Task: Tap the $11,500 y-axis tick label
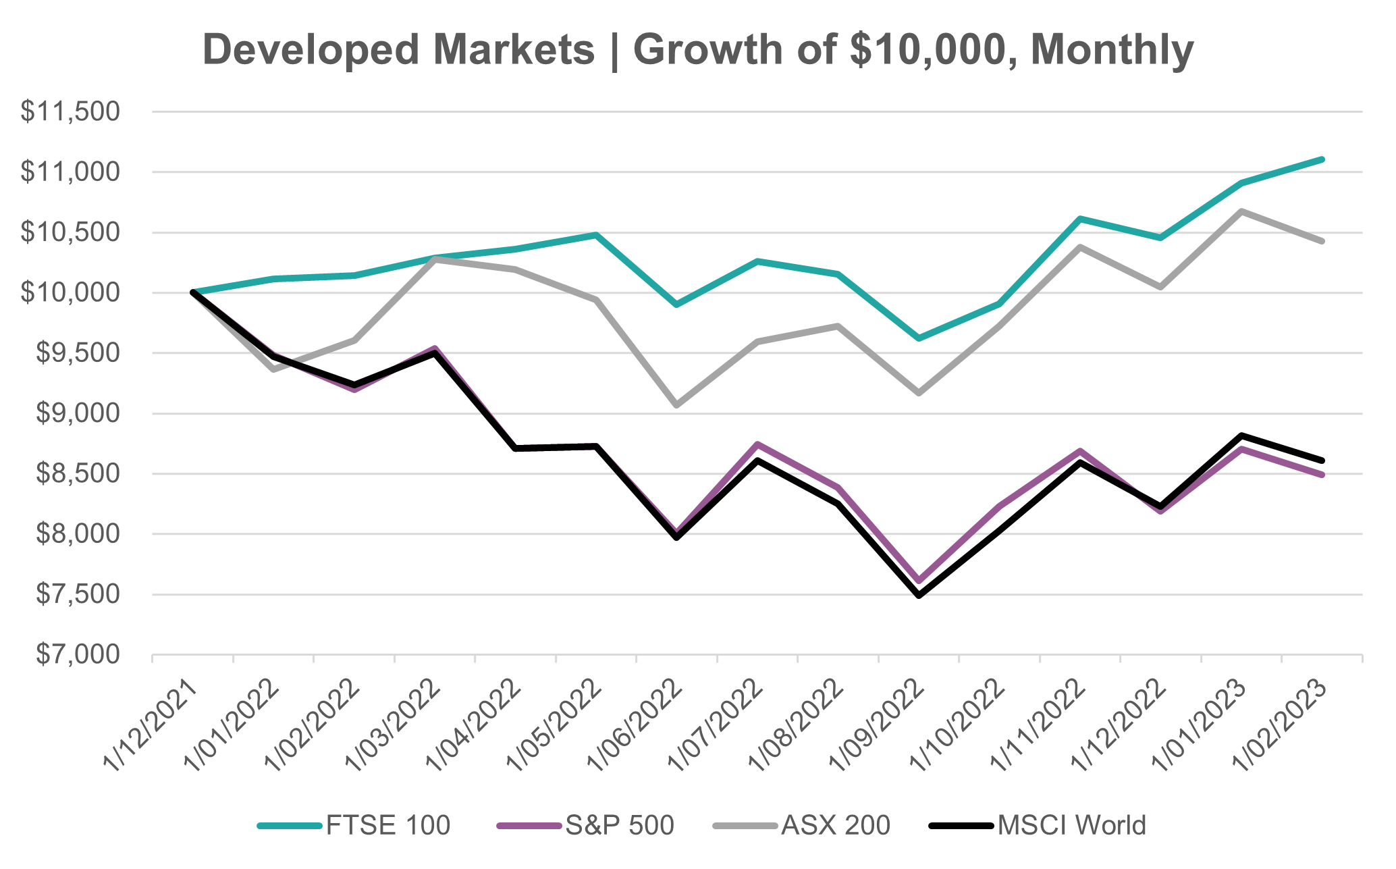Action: point(70,112)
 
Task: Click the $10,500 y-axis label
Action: point(70,232)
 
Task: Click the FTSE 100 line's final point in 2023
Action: point(1322,159)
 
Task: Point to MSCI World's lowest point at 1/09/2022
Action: point(919,595)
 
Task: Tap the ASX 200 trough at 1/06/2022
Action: point(676,405)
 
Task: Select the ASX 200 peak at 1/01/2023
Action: point(1241,211)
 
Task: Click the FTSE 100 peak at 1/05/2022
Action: point(596,235)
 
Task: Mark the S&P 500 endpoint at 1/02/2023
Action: point(1322,475)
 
